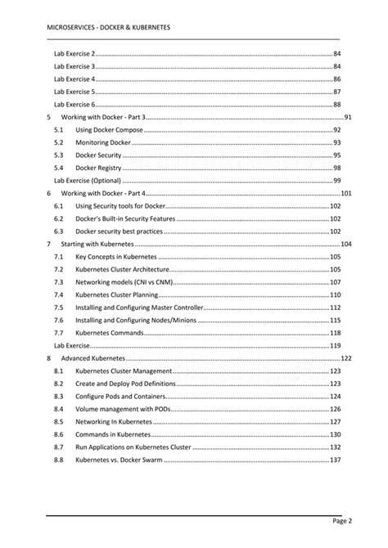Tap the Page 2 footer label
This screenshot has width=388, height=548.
[341, 520]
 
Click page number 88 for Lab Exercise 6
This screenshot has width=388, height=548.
[336, 105]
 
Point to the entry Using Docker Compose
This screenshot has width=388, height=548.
[109, 130]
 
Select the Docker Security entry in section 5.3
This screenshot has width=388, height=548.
[98, 155]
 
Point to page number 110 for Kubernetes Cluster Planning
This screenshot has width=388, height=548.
[335, 294]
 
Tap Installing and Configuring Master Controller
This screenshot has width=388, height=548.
[138, 308]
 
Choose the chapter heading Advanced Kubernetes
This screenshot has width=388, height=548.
[93, 358]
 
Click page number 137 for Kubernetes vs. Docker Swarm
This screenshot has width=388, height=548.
[335, 460]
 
